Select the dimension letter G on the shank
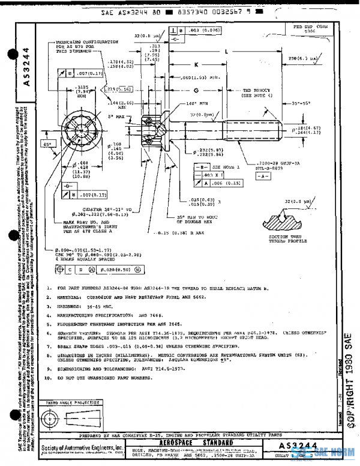pyautogui.click(x=196, y=90)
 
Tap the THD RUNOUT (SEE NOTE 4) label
pyautogui.click(x=254, y=92)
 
